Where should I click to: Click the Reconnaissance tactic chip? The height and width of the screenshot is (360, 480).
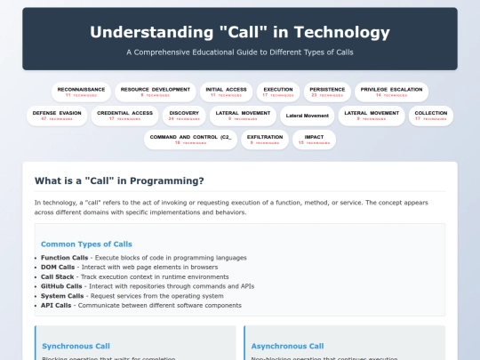click(81, 92)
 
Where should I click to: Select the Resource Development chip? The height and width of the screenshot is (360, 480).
click(155, 92)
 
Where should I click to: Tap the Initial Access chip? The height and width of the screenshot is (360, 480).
click(226, 92)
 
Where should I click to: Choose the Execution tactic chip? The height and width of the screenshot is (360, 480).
click(279, 92)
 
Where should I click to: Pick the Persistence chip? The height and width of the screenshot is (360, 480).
click(326, 92)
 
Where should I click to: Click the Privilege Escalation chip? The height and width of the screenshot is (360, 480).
click(391, 92)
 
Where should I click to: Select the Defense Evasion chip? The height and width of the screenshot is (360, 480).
click(56, 116)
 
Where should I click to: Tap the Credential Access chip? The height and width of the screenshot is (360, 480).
click(124, 116)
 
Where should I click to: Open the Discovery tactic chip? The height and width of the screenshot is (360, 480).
click(184, 116)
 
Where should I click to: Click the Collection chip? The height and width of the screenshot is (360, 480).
click(431, 116)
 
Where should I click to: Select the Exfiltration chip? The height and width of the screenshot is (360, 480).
click(264, 140)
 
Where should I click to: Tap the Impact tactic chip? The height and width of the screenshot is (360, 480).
click(314, 140)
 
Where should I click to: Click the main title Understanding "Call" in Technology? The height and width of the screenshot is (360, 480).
click(240, 33)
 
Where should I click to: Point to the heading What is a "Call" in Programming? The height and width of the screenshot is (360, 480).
click(119, 181)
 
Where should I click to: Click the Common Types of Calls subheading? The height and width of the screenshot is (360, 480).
click(86, 244)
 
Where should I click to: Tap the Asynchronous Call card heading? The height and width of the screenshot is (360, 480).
click(287, 346)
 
